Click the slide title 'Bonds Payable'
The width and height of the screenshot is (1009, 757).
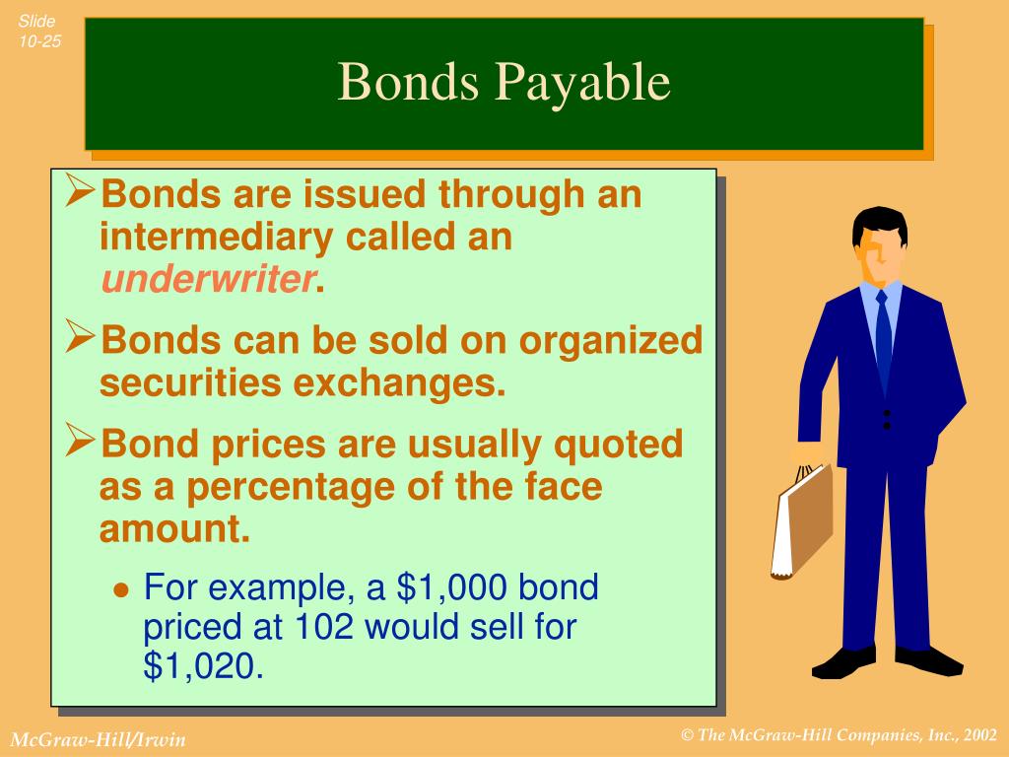coord(504,83)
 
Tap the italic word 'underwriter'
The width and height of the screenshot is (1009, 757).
coord(208,281)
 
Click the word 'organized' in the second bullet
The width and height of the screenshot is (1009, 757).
coord(612,340)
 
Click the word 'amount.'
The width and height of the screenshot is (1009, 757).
coord(174,530)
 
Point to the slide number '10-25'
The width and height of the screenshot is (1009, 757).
coord(37,40)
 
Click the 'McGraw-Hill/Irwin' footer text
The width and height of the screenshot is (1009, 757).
coord(98,739)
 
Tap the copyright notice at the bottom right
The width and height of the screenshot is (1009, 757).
coord(841,734)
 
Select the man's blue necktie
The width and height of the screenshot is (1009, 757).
coord(883,334)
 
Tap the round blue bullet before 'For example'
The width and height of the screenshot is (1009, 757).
coord(122,590)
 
